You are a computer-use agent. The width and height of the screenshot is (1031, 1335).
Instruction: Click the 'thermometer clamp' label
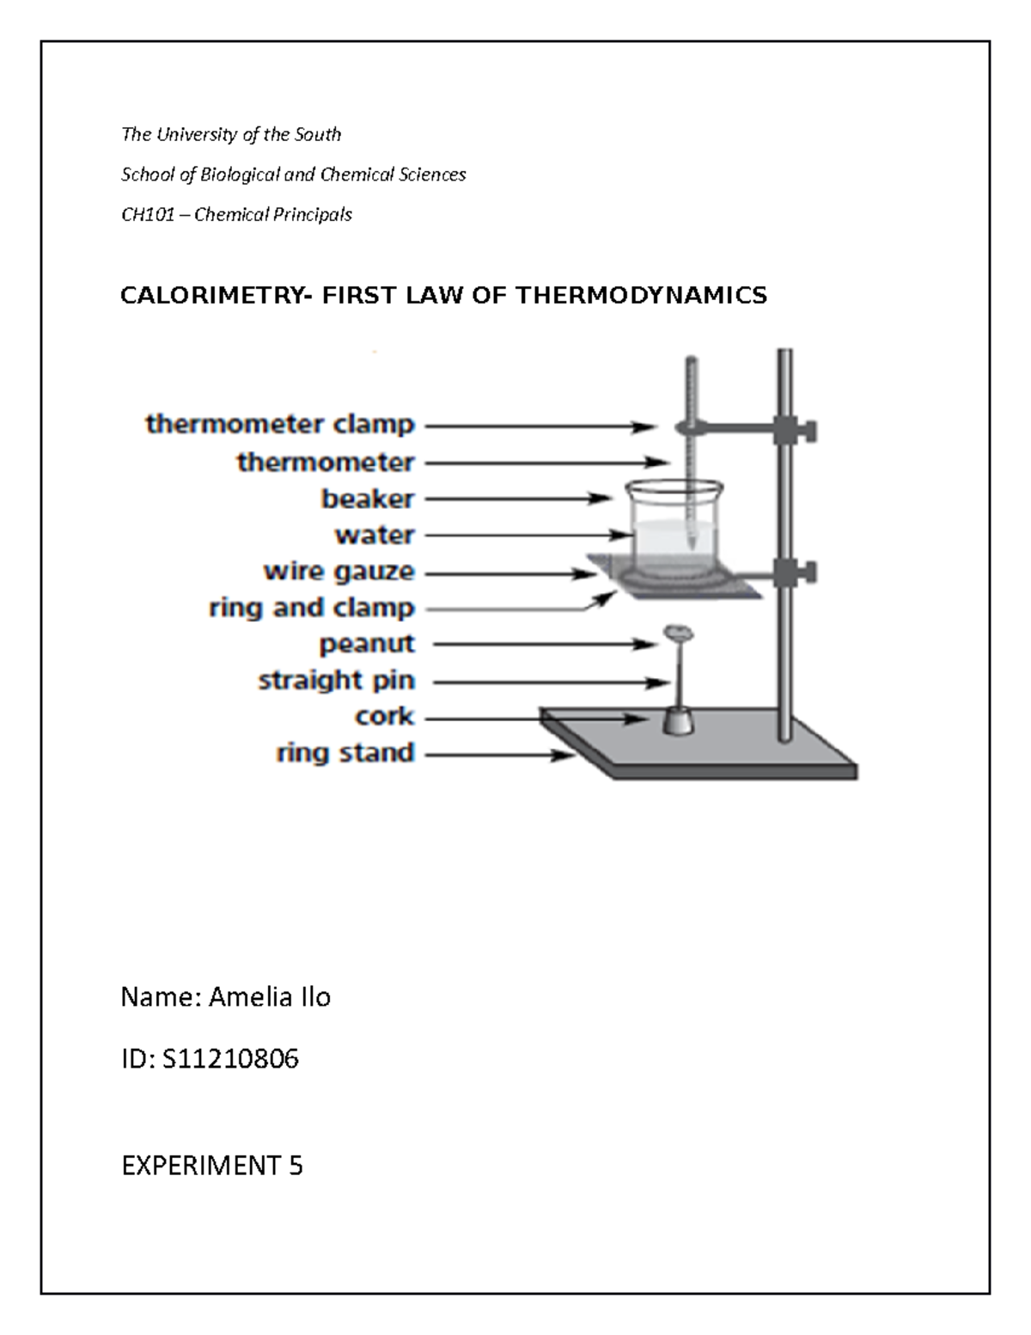click(280, 425)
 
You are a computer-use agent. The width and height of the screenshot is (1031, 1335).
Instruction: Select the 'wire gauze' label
click(339, 572)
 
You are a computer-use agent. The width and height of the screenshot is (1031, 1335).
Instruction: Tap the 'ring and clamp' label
click(312, 608)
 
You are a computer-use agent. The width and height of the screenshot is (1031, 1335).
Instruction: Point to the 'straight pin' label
click(337, 681)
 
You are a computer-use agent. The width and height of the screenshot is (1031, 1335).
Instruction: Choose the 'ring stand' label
click(345, 753)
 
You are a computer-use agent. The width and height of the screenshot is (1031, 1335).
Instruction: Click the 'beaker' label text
click(368, 499)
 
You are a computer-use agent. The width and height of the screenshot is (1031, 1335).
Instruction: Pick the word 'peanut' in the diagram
click(367, 644)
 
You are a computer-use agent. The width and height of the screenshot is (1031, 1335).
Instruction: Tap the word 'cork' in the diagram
click(384, 716)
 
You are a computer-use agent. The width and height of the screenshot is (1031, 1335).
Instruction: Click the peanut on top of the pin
click(677, 634)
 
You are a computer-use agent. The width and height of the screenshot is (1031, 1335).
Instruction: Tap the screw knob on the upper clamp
click(808, 430)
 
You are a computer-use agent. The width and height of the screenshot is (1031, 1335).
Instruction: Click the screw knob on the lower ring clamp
click(808, 572)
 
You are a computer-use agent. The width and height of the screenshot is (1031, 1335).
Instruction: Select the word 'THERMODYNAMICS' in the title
click(641, 297)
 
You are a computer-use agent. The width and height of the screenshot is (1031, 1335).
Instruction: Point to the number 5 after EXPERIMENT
click(296, 1166)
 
